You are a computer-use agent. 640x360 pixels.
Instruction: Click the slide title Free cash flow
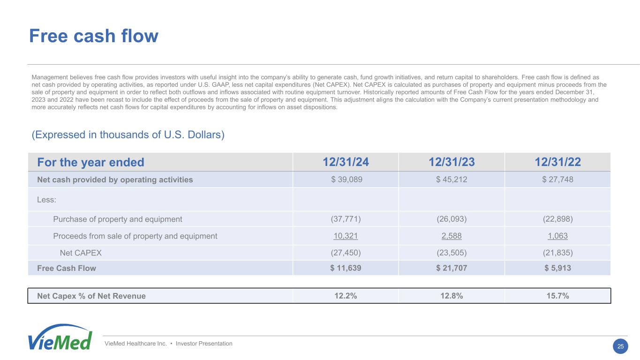pyautogui.click(x=94, y=36)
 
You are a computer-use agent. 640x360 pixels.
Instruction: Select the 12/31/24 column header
pyautogui.click(x=346, y=162)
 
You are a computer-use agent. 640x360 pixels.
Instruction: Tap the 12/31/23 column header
pyautogui.click(x=452, y=162)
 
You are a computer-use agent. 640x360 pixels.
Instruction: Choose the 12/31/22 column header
pyautogui.click(x=558, y=162)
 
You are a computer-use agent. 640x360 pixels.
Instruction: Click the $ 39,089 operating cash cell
pyautogui.click(x=346, y=180)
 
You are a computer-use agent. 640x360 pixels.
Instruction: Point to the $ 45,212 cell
pyautogui.click(x=452, y=180)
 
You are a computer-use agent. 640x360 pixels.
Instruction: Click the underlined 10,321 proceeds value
pyautogui.click(x=346, y=236)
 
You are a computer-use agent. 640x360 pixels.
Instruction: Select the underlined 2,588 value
pyautogui.click(x=452, y=236)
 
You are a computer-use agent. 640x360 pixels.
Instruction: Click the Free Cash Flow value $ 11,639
pyautogui.click(x=346, y=268)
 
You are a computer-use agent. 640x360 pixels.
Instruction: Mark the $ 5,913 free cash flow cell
pyautogui.click(x=558, y=268)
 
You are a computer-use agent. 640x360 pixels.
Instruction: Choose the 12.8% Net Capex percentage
pyautogui.click(x=452, y=296)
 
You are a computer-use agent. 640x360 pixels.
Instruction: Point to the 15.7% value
pyautogui.click(x=558, y=296)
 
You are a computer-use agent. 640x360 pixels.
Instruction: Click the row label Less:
pyautogui.click(x=46, y=199)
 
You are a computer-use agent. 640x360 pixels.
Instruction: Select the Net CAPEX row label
pyautogui.click(x=81, y=253)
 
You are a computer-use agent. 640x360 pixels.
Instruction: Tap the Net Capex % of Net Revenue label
pyautogui.click(x=91, y=296)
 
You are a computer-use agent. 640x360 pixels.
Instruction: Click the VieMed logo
pyautogui.click(x=60, y=337)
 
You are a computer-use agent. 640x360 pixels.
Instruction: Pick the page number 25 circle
pyautogui.click(x=621, y=346)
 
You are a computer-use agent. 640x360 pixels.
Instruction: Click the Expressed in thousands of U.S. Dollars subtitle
pyautogui.click(x=128, y=135)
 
